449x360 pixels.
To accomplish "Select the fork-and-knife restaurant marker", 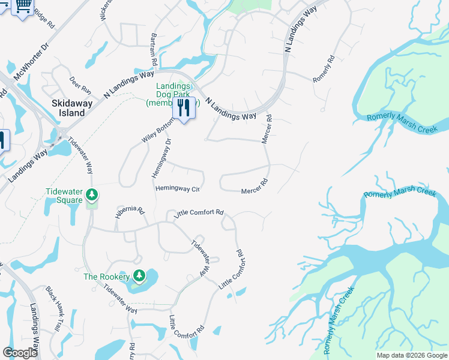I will pyautogui.click(x=184, y=109).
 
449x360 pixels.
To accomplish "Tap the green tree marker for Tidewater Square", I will pyautogui.click(x=92, y=194).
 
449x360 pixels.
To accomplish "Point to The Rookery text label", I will pyautogui.click(x=107, y=277).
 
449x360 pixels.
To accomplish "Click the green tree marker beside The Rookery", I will pyautogui.click(x=139, y=276).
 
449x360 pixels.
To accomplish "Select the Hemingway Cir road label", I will pyautogui.click(x=177, y=188).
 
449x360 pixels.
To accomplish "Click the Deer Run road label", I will pyautogui.click(x=80, y=85).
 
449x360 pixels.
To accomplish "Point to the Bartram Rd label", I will pyautogui.click(x=154, y=49).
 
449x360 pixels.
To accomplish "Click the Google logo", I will pyautogui.click(x=20, y=353).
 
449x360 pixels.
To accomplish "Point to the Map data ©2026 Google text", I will pyautogui.click(x=411, y=355).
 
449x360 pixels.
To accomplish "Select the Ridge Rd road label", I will pyautogui.click(x=44, y=18).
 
